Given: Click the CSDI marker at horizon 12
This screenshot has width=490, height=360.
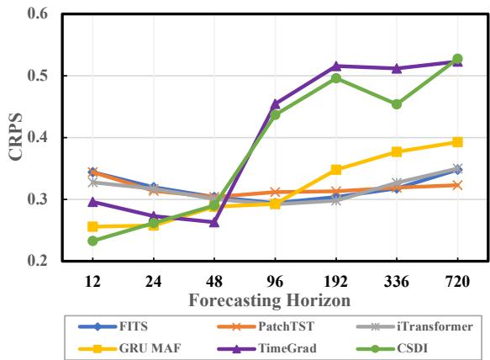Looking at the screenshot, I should [92, 241].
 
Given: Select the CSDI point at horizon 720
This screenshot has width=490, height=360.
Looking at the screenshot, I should [457, 59].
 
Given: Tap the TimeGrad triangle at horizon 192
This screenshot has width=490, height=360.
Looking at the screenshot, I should [336, 66].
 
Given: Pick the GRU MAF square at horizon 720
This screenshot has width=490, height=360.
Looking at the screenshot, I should [457, 142].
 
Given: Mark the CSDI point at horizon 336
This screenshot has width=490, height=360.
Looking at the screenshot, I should [397, 104].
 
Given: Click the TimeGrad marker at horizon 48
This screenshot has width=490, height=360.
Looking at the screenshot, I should [214, 222].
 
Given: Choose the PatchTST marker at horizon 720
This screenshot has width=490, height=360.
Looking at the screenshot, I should [457, 185].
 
